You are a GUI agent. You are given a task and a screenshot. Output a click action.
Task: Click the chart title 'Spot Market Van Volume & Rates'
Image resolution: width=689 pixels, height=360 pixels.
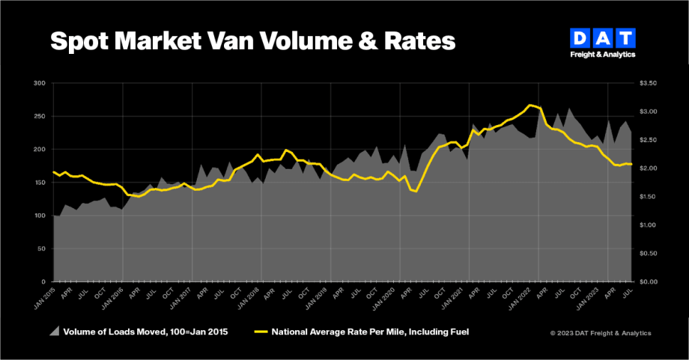point(252,40)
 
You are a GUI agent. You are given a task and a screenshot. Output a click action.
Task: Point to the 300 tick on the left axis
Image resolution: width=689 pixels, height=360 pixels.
point(40,83)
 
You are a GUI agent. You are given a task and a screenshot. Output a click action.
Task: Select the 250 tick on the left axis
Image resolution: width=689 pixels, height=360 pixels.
point(40,116)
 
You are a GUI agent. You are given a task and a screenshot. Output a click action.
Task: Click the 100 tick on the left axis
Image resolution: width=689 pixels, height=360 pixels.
point(40,216)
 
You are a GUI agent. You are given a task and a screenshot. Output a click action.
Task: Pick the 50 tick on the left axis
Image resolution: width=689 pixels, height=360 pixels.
point(41,248)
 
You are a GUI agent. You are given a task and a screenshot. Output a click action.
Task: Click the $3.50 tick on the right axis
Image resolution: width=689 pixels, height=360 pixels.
point(649,83)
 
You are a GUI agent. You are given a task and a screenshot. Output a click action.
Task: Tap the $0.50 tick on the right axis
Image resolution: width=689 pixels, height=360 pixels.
point(649,254)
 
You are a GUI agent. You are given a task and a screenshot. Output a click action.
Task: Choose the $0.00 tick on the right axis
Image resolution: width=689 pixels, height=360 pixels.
point(649,282)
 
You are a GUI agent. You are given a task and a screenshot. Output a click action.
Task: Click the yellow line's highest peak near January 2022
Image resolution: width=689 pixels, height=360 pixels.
point(530,105)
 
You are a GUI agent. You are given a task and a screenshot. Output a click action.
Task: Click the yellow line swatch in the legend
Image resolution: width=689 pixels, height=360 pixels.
point(261,331)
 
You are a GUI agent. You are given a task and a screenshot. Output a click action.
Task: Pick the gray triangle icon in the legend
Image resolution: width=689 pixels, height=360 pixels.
point(55,330)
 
